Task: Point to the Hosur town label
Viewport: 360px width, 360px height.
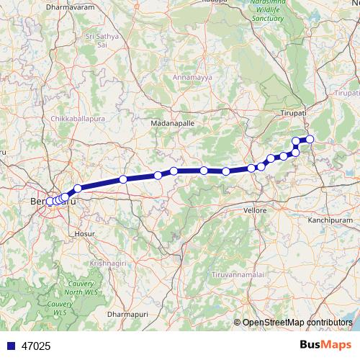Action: tap(84, 234)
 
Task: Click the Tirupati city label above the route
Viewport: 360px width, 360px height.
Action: tap(294, 113)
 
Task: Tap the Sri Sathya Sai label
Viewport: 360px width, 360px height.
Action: tap(102, 39)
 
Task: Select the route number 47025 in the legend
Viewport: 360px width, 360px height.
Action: tap(35, 346)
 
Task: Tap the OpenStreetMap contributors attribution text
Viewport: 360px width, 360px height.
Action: tap(297, 323)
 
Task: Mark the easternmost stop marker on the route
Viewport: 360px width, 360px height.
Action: tap(310, 139)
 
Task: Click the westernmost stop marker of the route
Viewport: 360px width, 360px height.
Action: tap(50, 202)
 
